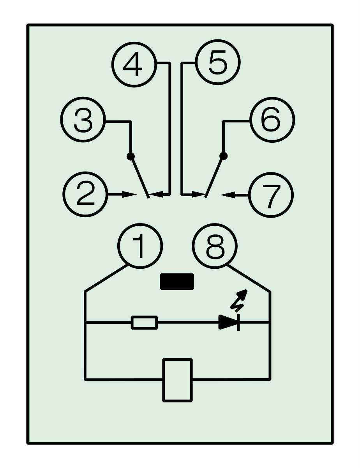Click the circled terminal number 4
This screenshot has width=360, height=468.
pyautogui.click(x=134, y=64)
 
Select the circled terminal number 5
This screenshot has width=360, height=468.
pyautogui.click(x=218, y=62)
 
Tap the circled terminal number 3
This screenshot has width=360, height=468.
pyautogui.click(x=83, y=119)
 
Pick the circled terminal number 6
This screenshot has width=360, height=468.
pyautogui.click(x=272, y=120)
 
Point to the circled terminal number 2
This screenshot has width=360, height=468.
pyautogui.click(x=85, y=194)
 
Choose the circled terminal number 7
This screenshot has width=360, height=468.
pyautogui.click(x=271, y=195)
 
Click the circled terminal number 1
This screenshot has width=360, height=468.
pyautogui.click(x=140, y=246)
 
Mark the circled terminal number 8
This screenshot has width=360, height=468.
pyautogui.click(x=215, y=246)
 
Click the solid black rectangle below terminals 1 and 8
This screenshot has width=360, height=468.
pyautogui.click(x=177, y=282)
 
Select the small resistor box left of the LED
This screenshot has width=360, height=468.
pyautogui.click(x=144, y=323)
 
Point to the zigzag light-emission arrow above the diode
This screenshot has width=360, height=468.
pyautogui.click(x=239, y=301)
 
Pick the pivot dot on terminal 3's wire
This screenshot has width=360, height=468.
pyautogui.click(x=131, y=156)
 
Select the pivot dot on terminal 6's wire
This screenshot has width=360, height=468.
pyautogui.click(x=223, y=156)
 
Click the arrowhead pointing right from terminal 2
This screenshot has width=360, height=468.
pyautogui.click(x=130, y=194)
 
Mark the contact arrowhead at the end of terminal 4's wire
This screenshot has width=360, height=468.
pyautogui.click(x=156, y=194)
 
